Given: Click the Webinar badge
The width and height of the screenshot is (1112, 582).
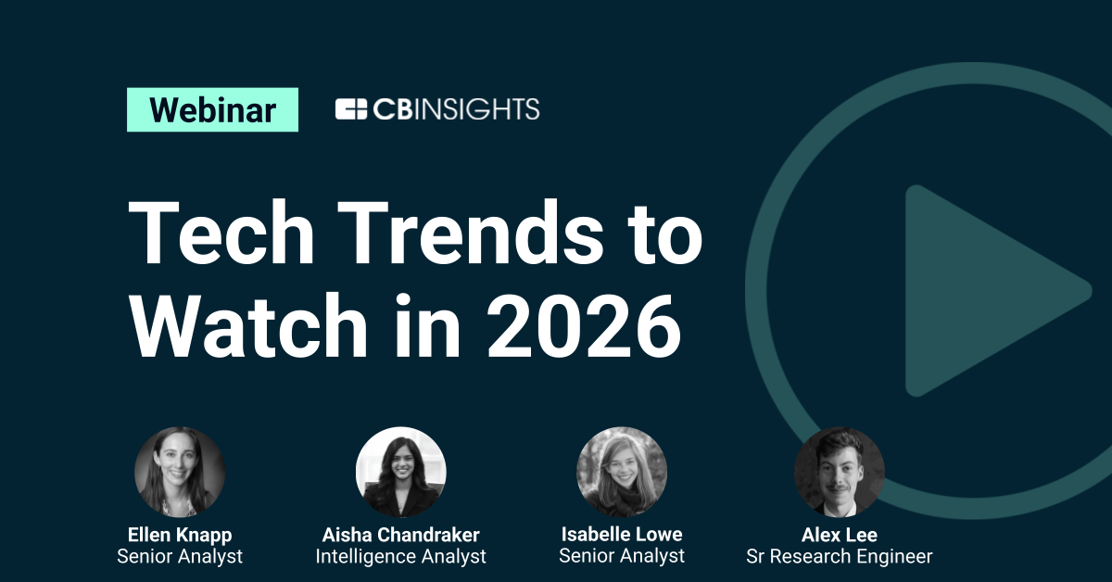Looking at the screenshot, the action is pyautogui.click(x=212, y=109).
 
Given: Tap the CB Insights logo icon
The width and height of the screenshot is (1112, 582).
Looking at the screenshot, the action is pyautogui.click(x=351, y=109).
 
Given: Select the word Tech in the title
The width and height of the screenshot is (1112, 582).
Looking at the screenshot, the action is pyautogui.click(x=221, y=233).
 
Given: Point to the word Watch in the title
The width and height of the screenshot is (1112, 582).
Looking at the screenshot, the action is pyautogui.click(x=248, y=325).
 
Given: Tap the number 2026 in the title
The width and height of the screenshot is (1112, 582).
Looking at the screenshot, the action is pyautogui.click(x=584, y=325).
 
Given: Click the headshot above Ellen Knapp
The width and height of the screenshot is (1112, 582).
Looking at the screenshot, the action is pyautogui.click(x=180, y=472).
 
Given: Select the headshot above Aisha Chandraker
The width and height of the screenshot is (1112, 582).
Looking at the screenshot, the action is pyautogui.click(x=401, y=472).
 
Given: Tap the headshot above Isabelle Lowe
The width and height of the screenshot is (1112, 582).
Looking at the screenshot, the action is pyautogui.click(x=622, y=472).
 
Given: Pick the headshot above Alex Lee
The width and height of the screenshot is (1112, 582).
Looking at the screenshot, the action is pyautogui.click(x=840, y=472).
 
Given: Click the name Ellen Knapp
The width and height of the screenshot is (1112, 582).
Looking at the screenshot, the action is pyautogui.click(x=180, y=535).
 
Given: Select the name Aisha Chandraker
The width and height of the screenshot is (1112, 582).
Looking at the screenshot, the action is pyautogui.click(x=401, y=535).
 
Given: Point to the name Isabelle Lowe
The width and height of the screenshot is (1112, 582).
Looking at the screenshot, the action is pyautogui.click(x=622, y=535).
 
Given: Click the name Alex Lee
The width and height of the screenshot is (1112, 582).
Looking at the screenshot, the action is pyautogui.click(x=840, y=535).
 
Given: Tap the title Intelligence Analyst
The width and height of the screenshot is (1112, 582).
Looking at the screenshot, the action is pyautogui.click(x=401, y=556).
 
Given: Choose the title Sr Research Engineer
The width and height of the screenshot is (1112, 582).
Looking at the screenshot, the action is pyautogui.click(x=840, y=556).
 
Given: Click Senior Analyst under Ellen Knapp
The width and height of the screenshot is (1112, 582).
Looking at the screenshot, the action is pyautogui.click(x=180, y=556).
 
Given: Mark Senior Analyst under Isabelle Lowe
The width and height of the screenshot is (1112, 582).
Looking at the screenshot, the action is pyautogui.click(x=622, y=556).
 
